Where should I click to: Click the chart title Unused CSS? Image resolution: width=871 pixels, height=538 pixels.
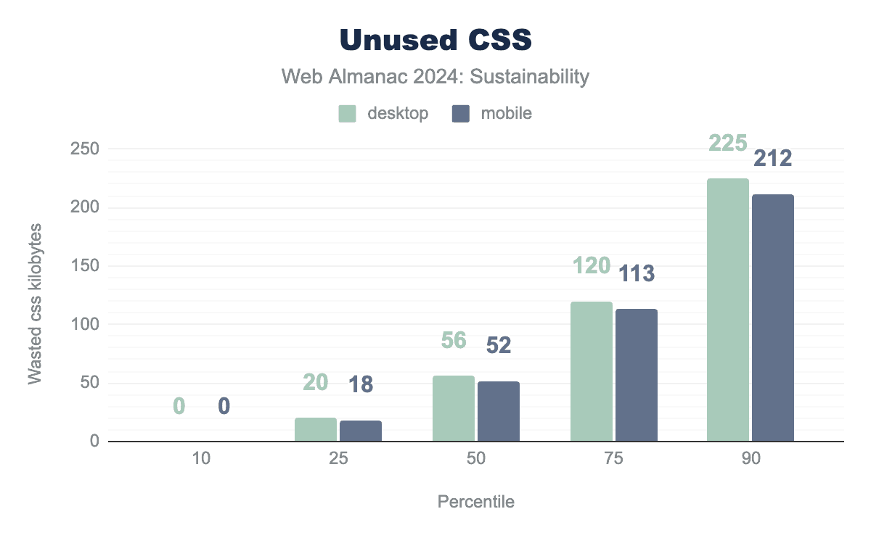coord(435,41)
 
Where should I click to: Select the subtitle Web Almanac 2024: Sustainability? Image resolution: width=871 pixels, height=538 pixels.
coord(435,77)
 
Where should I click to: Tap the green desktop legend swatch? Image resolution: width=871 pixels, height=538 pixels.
coord(347,114)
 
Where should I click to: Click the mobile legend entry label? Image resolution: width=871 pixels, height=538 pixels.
coord(506,114)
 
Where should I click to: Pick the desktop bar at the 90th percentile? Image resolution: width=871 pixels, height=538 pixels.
coord(728,310)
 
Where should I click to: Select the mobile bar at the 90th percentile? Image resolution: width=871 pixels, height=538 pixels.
coord(773,318)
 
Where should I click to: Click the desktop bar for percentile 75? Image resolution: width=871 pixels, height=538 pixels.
coord(592,371)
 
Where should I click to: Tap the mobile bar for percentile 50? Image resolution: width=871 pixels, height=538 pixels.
coord(499,411)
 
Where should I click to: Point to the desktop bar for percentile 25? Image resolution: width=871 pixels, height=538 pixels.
coord(316,429)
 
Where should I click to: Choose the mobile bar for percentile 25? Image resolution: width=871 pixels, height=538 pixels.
coord(361,431)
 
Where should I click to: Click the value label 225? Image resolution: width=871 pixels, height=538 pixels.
coord(727,144)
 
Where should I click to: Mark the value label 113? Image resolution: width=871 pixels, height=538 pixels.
coord(636,273)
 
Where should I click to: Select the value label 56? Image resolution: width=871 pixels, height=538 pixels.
coord(454,340)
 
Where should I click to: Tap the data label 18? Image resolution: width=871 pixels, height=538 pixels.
coord(361,384)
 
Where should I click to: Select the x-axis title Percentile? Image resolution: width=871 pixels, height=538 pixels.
coord(476,502)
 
